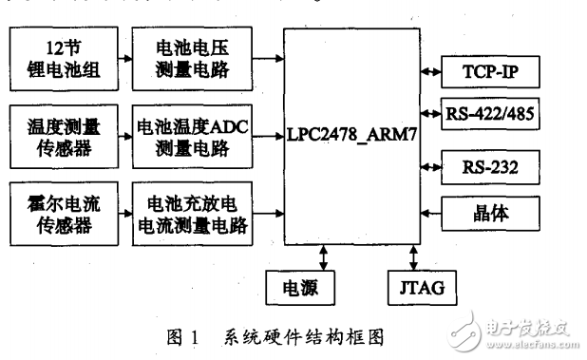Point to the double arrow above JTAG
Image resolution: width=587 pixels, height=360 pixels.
tap(414, 256)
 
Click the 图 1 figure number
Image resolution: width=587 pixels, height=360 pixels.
tap(183, 334)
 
